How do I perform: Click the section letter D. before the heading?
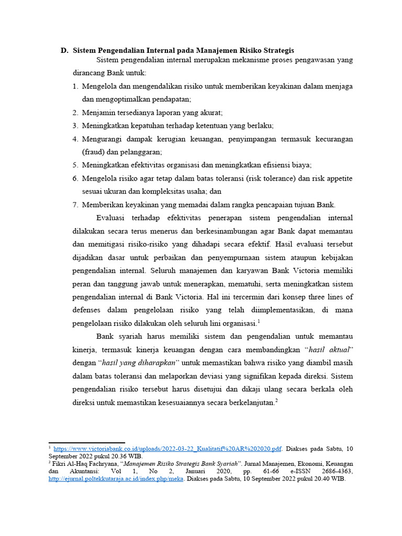[64, 51]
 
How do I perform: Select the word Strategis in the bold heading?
[276, 51]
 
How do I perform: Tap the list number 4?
[75, 139]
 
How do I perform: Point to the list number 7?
[75, 205]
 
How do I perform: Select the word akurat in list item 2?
[211, 113]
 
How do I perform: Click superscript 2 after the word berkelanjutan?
[276, 400]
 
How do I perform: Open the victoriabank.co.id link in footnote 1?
[167, 449]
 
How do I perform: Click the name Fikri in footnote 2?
[60, 464]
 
